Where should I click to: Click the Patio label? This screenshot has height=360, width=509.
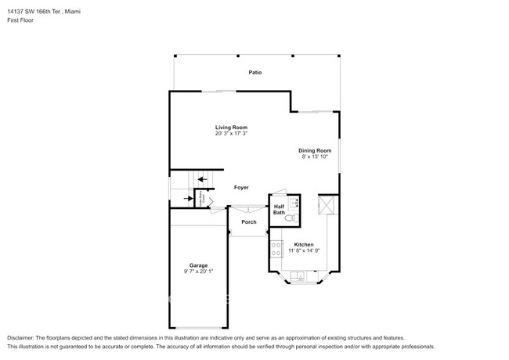[x=255, y=73]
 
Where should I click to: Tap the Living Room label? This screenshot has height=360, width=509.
[x=232, y=127]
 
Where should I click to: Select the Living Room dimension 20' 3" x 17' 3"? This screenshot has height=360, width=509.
[x=232, y=134]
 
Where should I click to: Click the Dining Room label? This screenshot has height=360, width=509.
[x=315, y=150]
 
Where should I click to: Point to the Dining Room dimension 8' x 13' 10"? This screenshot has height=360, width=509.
[x=315, y=157]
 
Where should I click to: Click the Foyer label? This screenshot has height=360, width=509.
[x=242, y=188]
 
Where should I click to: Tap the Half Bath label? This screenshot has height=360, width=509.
[x=280, y=210]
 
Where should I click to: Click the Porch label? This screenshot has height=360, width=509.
[x=248, y=222]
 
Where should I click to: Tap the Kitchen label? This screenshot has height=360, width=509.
[x=304, y=244]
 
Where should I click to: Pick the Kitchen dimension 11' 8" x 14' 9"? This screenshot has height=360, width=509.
[x=304, y=250]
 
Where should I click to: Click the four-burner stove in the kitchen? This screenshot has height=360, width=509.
[x=276, y=249]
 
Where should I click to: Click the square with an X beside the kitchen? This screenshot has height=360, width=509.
[x=327, y=206]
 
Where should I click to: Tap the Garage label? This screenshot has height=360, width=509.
[x=198, y=265]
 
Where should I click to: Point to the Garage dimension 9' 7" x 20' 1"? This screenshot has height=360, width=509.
[x=198, y=272]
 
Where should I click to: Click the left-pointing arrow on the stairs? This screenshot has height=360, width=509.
[x=203, y=180]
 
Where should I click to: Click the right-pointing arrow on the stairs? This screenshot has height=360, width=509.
[x=189, y=198]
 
